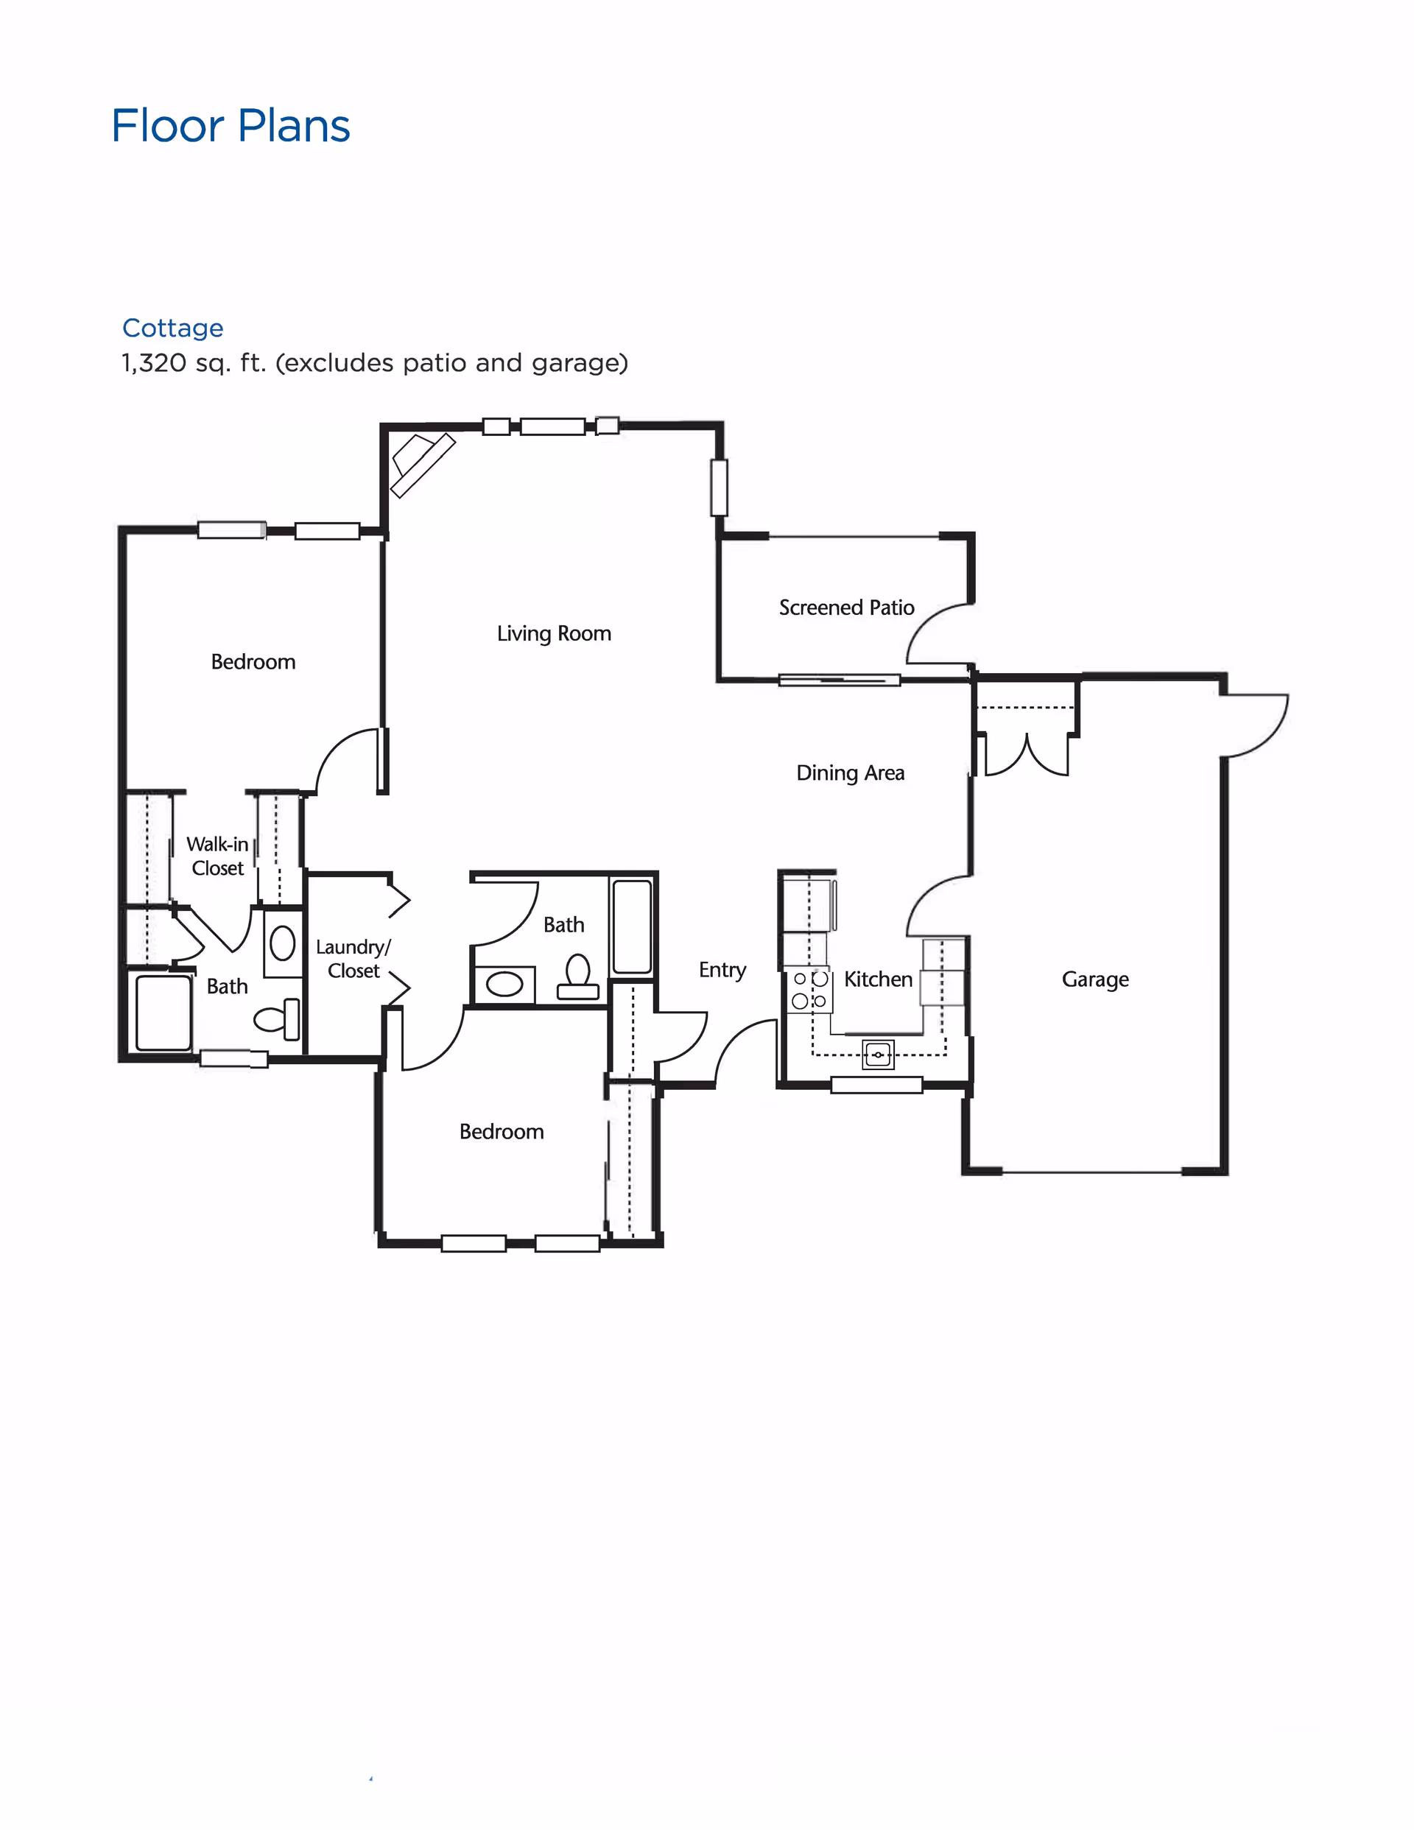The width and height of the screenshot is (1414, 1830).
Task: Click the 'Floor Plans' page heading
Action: [231, 127]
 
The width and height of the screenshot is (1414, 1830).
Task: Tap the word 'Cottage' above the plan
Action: [172, 328]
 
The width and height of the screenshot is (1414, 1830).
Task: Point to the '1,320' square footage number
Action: [153, 363]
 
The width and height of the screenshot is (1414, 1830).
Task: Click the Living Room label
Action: [554, 633]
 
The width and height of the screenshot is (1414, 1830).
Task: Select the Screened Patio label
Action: [846, 608]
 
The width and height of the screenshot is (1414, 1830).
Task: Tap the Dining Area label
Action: [850, 773]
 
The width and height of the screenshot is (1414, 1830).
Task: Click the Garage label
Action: [1094, 979]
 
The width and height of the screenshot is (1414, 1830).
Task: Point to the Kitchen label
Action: [878, 979]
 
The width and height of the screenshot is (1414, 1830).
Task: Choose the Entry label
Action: [722, 969]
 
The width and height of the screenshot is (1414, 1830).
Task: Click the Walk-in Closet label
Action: [217, 856]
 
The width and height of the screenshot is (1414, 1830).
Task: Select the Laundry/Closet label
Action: [353, 959]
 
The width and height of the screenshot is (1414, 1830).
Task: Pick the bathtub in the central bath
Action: [632, 926]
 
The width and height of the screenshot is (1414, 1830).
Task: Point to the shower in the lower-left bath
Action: [163, 1012]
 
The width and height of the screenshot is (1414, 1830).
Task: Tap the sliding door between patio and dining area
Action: [838, 680]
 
